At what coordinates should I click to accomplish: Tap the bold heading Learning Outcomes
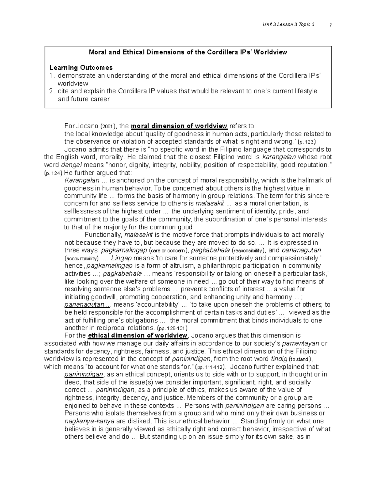[81, 68]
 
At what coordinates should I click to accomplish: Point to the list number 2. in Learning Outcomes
[52, 91]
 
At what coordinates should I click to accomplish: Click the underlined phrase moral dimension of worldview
[179, 126]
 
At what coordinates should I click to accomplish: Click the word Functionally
[103, 235]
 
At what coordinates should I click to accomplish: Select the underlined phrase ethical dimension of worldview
[138, 336]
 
